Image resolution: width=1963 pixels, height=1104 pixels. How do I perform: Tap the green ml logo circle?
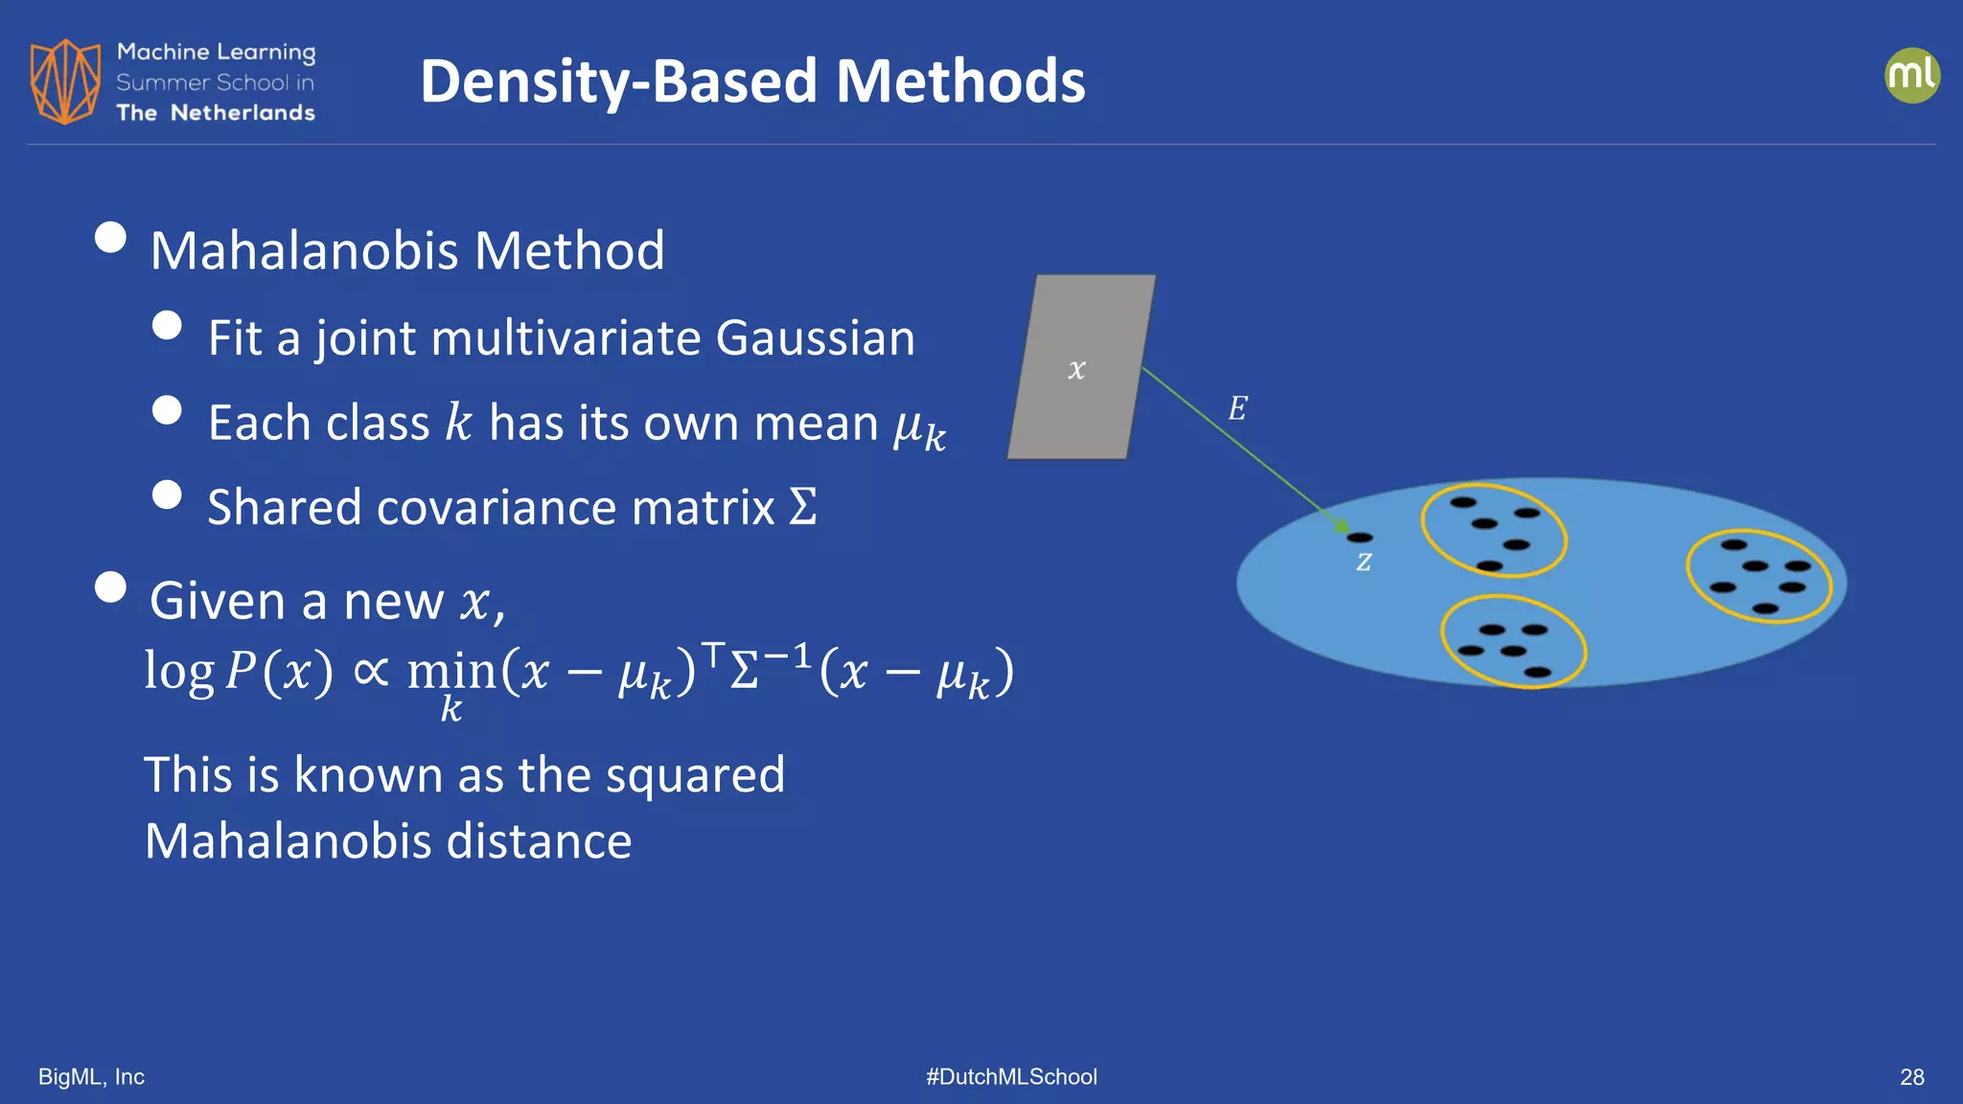[x=1911, y=76]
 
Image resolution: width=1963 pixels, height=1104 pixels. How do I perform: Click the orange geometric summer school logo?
[x=65, y=81]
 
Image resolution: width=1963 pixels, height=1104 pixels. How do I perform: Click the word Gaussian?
[x=815, y=338]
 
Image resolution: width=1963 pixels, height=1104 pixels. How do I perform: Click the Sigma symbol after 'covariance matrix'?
[x=803, y=507]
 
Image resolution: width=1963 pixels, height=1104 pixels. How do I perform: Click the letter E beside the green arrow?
[x=1237, y=409]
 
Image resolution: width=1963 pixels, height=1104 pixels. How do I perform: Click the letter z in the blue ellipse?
[x=1364, y=563]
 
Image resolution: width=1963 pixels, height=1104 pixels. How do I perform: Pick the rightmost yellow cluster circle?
[x=1759, y=576]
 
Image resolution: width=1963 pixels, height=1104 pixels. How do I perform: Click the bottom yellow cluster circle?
[x=1513, y=641]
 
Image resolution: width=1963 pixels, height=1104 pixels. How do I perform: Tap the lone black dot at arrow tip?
[x=1359, y=538]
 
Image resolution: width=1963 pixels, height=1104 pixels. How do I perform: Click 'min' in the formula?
[x=450, y=670]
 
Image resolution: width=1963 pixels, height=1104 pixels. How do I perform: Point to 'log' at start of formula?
[x=178, y=670]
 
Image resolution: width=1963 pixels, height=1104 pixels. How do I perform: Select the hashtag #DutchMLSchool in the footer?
[x=1011, y=1077]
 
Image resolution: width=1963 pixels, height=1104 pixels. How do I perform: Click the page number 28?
[x=1911, y=1077]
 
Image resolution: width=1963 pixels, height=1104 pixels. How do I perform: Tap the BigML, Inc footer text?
[x=91, y=1077]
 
